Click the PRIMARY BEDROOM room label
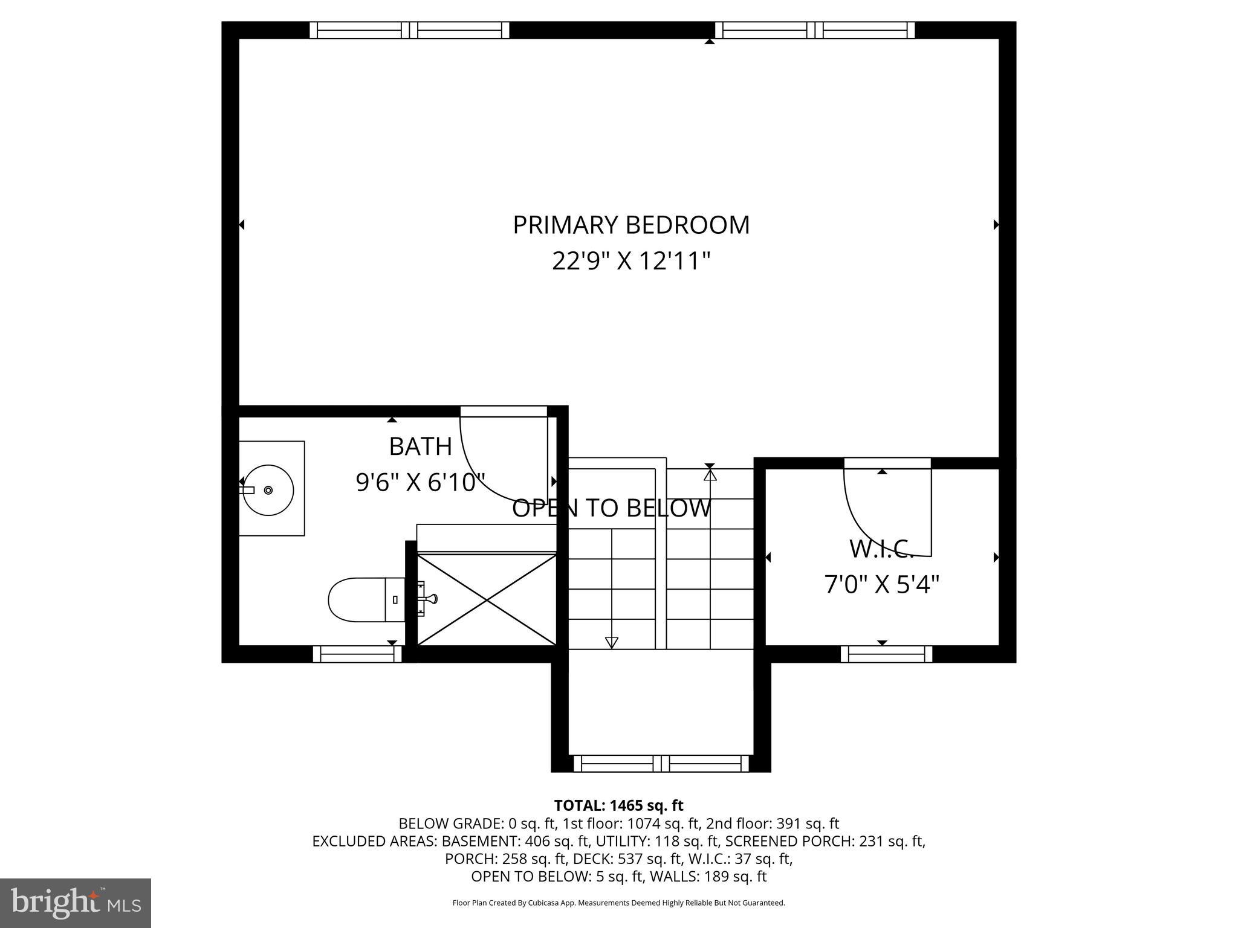click(631, 225)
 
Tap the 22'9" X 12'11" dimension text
click(631, 262)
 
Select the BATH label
click(420, 446)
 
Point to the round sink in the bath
click(268, 490)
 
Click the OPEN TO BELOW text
click(611, 508)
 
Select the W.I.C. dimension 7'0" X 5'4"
click(881, 584)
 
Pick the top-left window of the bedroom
click(409, 30)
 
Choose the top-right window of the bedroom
click(815, 30)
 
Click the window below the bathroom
click(357, 654)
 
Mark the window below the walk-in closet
click(886, 654)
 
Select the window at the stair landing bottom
click(661, 763)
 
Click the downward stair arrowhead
click(612, 642)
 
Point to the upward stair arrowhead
click(710, 475)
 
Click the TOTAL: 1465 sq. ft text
click(618, 805)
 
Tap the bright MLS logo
click(76, 903)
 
